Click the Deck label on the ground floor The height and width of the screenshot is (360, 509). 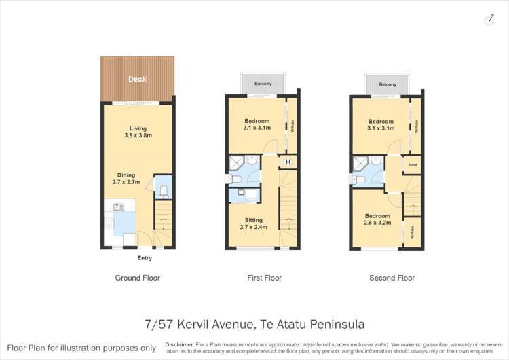tap(138, 79)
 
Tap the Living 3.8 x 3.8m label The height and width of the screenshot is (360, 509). tap(138, 132)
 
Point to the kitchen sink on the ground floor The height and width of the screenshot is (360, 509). tap(117, 206)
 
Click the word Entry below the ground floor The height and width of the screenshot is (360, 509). tap(145, 258)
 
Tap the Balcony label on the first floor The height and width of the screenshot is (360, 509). tap(264, 84)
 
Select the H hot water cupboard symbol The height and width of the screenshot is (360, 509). tap(288, 162)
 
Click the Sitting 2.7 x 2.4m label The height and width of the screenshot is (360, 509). tap(254, 223)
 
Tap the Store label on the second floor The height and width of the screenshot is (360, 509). tap(412, 164)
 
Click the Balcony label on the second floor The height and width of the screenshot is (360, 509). tap(388, 84)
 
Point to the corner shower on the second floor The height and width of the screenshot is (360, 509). tap(360, 163)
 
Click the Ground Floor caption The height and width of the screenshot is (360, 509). tap(138, 278)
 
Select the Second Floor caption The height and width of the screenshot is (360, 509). tap(392, 278)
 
